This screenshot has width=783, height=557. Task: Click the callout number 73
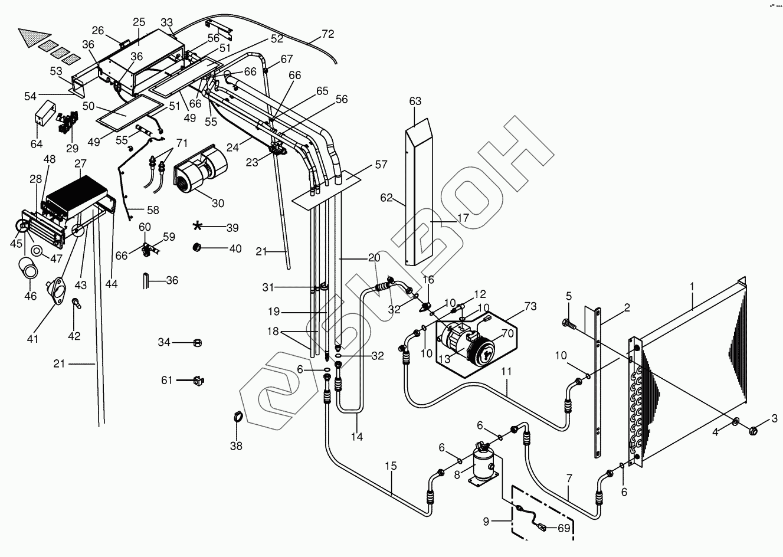[x=530, y=306]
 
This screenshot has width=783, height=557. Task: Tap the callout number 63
[x=415, y=101]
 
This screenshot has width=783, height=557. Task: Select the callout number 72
[x=328, y=35]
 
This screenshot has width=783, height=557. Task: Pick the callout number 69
[x=564, y=528]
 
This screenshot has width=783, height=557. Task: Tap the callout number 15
[x=391, y=466]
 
